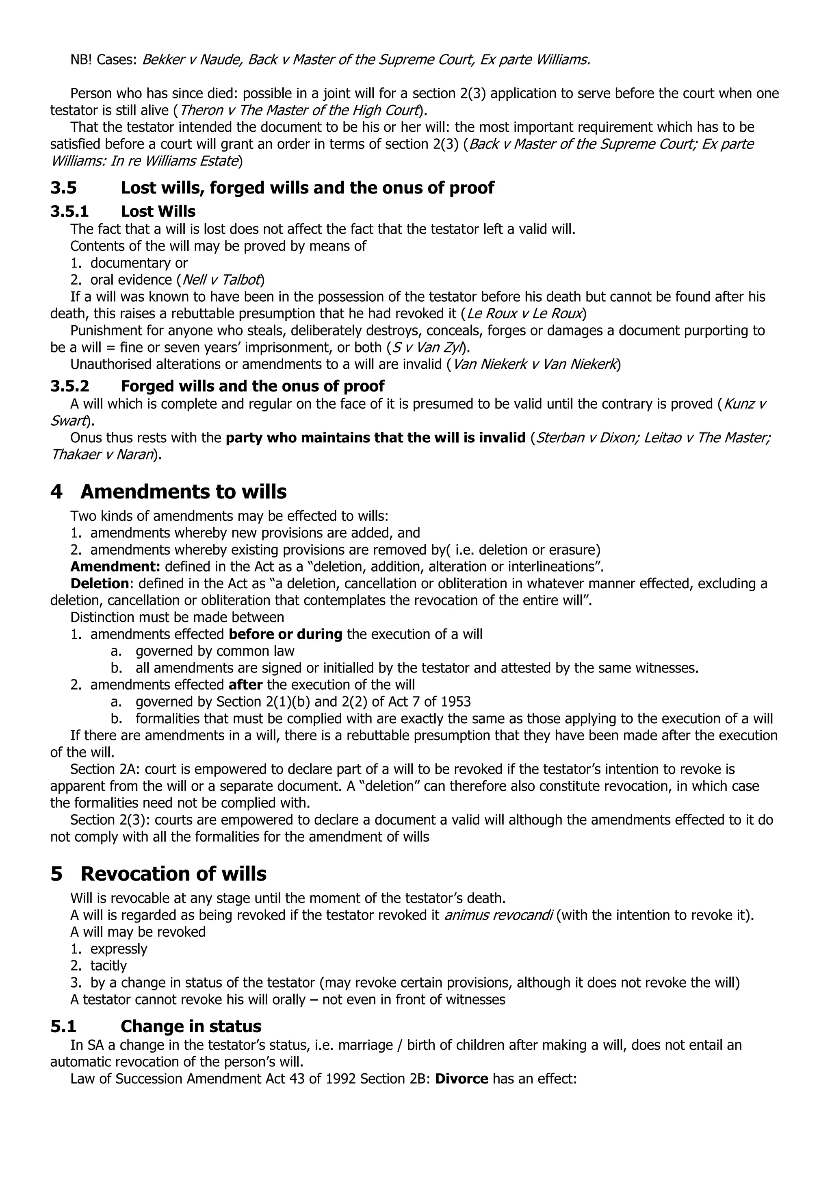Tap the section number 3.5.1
pos(69,211)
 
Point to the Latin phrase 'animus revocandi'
pos(498,915)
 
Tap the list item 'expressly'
pos(118,949)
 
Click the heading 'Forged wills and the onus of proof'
pos(253,386)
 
